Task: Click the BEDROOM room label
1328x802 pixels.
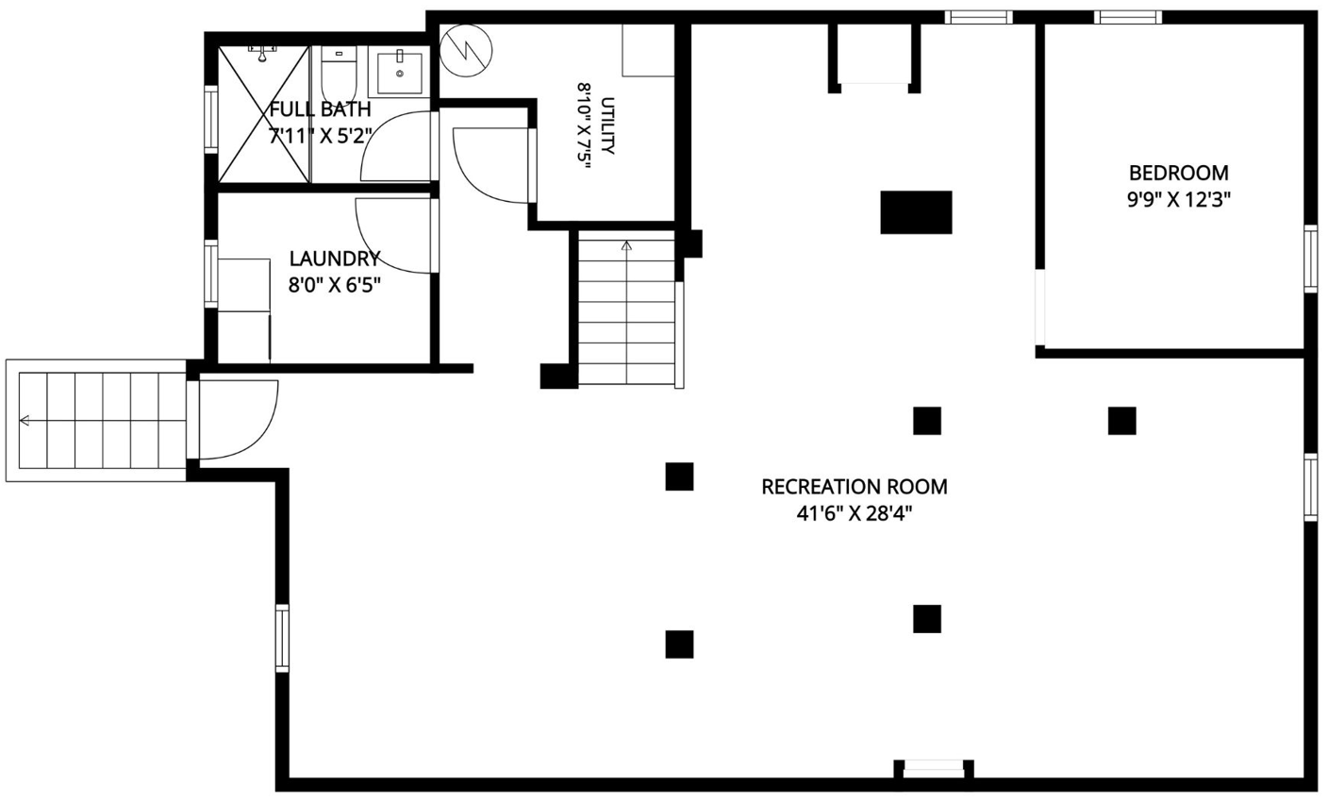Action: (1179, 173)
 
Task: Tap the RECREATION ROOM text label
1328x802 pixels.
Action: (855, 487)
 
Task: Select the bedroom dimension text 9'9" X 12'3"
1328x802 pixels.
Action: (1179, 200)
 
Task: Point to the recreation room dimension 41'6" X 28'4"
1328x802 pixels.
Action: (855, 513)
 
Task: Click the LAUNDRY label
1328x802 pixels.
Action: (335, 259)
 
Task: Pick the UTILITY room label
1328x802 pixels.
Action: (607, 125)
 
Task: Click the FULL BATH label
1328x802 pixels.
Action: (320, 109)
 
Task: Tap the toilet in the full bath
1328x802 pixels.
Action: (340, 75)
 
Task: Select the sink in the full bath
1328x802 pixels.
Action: (400, 73)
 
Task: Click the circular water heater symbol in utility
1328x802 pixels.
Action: (467, 50)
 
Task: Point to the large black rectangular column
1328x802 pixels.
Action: (916, 212)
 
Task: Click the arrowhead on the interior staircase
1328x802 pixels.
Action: (626, 245)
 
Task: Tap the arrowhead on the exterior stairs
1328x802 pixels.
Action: (25, 421)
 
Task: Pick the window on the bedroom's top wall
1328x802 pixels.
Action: (1128, 17)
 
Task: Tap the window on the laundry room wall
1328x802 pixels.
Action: (211, 274)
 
